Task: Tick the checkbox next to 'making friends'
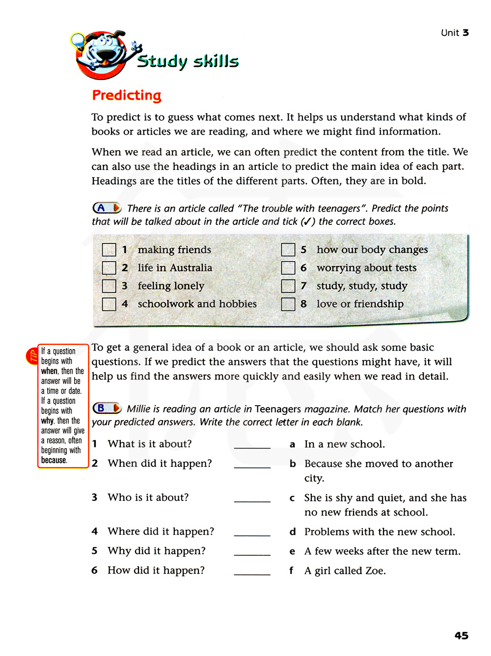click(x=109, y=250)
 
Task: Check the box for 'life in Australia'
click(x=109, y=268)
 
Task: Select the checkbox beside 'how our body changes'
click(x=288, y=250)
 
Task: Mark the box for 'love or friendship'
click(x=288, y=304)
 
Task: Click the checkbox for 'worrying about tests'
click(x=288, y=268)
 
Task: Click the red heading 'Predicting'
click(x=127, y=95)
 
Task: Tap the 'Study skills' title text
click(x=188, y=61)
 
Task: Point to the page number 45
click(x=461, y=635)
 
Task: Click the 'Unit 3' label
click(x=455, y=33)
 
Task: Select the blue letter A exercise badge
click(x=107, y=208)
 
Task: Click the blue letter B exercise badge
click(x=107, y=408)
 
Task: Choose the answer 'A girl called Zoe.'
click(x=345, y=571)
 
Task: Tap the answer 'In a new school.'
click(x=344, y=444)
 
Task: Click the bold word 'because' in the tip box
click(x=54, y=460)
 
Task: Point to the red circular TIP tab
click(x=32, y=356)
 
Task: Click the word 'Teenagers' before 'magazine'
click(x=278, y=409)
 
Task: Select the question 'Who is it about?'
click(x=148, y=497)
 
